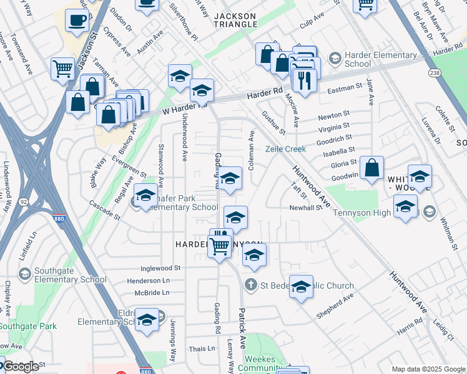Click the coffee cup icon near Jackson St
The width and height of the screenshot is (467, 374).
click(77, 21)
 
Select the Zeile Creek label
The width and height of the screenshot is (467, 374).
click(285, 149)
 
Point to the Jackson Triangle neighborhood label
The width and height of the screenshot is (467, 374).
click(235, 20)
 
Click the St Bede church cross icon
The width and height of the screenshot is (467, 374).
click(250, 284)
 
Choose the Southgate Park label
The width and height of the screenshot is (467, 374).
click(28, 326)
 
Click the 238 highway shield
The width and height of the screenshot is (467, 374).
click(435, 74)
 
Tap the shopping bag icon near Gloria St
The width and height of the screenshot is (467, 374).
click(371, 168)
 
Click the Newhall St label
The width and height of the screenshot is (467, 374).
click(305, 208)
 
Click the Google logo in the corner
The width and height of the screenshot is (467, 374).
click(21, 367)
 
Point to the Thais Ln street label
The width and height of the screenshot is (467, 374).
click(202, 349)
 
